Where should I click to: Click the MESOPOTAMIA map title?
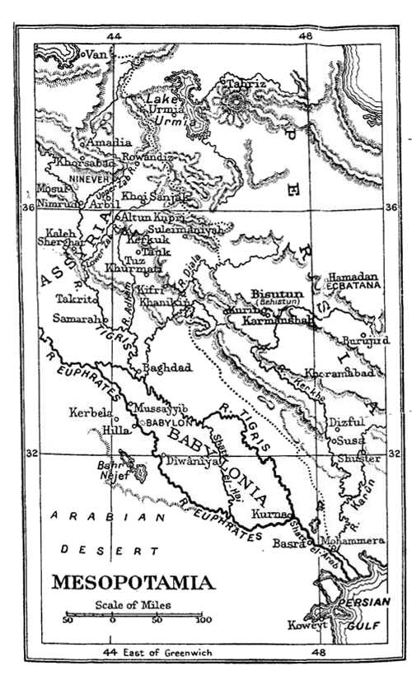tap(133, 583)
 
